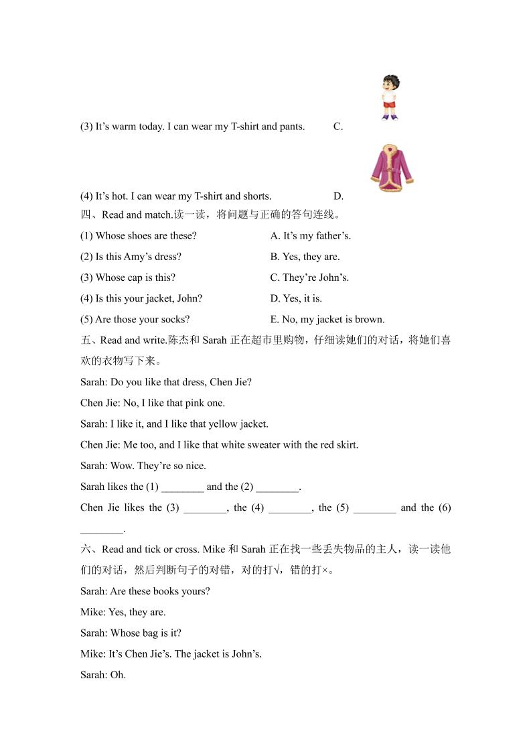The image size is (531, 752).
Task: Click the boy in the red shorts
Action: [390, 98]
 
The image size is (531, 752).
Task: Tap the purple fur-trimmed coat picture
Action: [391, 168]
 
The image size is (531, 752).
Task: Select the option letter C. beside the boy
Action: [338, 126]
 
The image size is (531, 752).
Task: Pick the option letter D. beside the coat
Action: [338, 196]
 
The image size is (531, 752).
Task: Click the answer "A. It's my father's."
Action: [311, 236]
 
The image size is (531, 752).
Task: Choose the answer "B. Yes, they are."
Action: [305, 257]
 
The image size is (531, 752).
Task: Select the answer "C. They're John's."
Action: [309, 277]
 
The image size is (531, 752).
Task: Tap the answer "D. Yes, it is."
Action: [296, 298]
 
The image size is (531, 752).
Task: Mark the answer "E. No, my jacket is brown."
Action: [327, 319]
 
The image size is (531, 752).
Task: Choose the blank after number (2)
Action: [277, 487]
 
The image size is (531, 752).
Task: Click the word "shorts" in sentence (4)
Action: [257, 196]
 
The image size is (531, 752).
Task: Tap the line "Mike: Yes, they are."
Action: [123, 612]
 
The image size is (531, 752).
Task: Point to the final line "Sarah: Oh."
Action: [103, 674]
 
